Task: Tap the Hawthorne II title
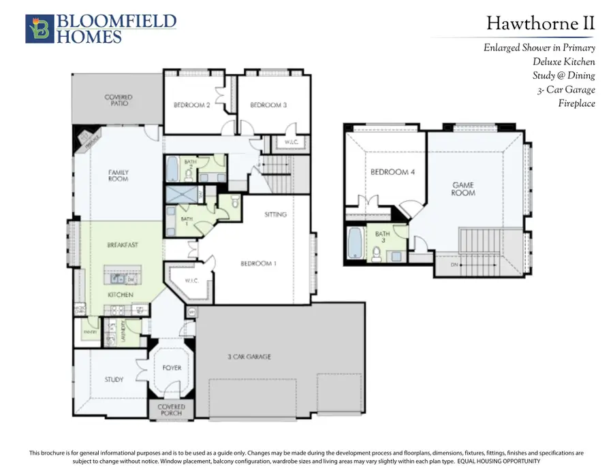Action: tap(541, 24)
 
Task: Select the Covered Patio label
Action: tap(119, 101)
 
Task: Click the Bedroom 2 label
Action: tap(191, 105)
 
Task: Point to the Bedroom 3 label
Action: tap(268, 105)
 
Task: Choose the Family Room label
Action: tap(119, 176)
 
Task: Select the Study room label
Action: tap(114, 379)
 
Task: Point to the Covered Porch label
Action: tap(171, 410)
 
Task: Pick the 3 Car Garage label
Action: tap(249, 356)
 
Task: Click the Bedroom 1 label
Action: tap(257, 263)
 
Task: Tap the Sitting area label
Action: tap(275, 214)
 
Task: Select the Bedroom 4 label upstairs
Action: tap(392, 172)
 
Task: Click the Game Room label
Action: tap(463, 189)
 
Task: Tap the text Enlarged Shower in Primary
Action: tap(539, 48)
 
